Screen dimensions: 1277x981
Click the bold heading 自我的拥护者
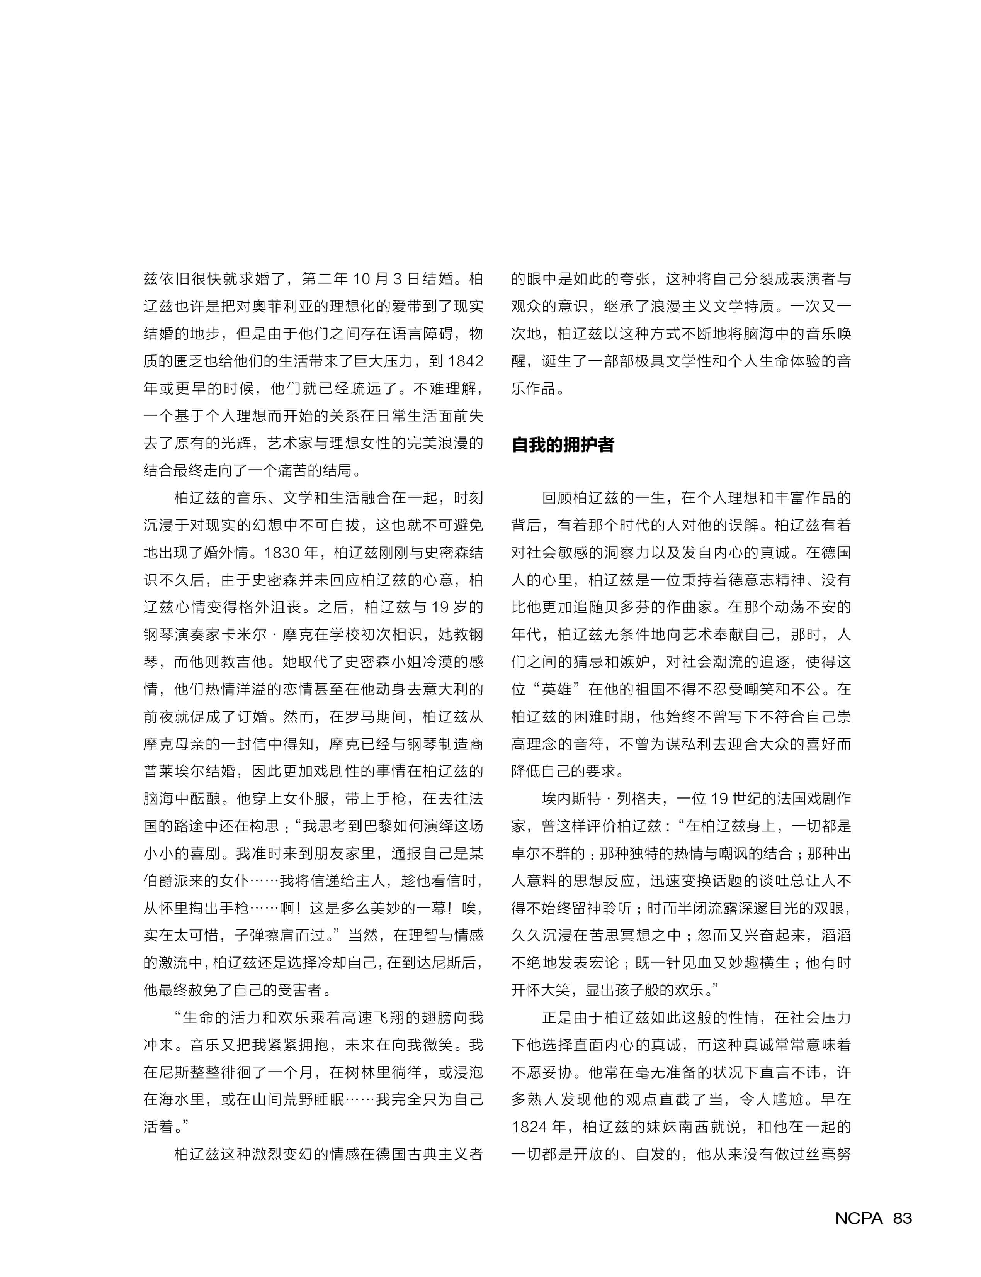[562, 445]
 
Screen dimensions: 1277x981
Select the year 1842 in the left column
[466, 361]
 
